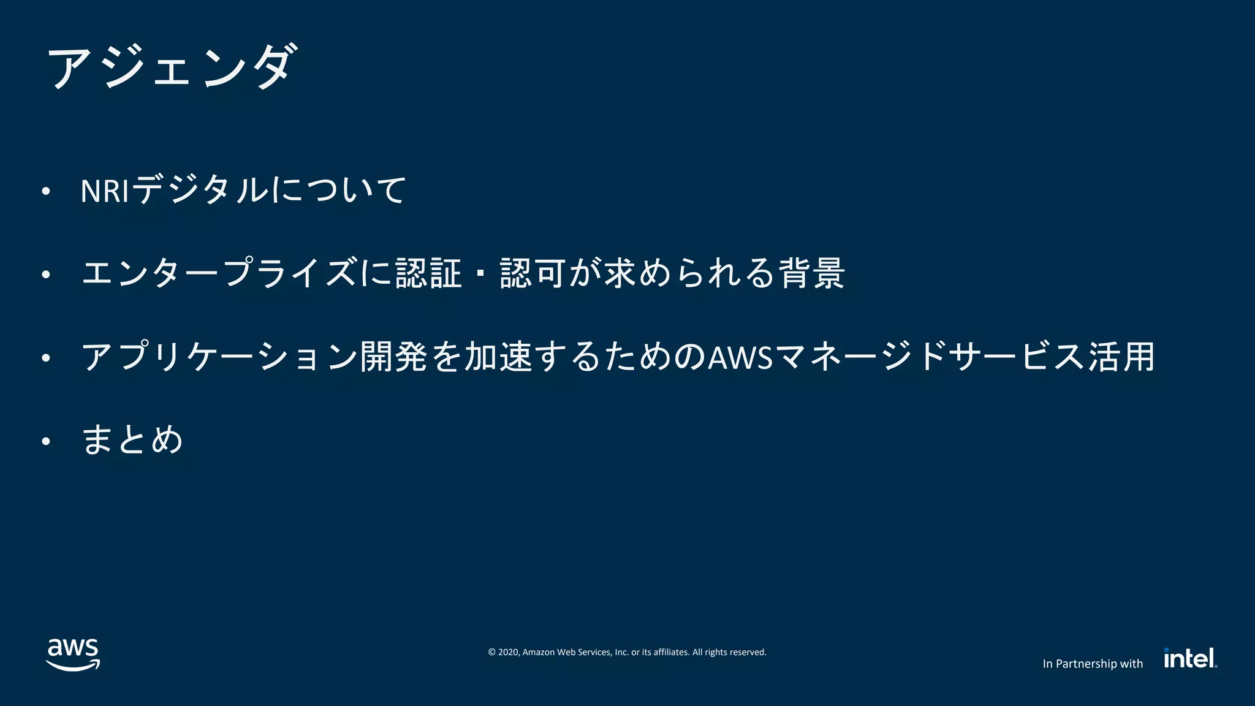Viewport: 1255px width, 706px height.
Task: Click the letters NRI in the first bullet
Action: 104,191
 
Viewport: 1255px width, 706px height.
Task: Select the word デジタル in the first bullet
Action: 200,190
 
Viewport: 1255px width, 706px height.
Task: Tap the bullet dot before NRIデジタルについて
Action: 45,192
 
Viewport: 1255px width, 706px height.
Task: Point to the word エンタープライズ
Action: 218,273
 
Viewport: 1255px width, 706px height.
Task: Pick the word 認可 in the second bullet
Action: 532,273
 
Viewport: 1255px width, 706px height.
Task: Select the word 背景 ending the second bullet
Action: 812,273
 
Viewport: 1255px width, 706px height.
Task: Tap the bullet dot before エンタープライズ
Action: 45,275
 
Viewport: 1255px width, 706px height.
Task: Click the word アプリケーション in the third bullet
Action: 219,357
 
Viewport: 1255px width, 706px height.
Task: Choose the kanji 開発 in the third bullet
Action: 393,357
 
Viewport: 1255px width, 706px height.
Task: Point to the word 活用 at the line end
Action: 1121,357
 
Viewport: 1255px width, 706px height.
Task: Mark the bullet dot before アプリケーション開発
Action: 45,358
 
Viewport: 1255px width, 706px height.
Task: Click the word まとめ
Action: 132,439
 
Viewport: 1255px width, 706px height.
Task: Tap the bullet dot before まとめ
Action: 45,441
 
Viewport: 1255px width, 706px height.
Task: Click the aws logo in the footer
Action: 73,655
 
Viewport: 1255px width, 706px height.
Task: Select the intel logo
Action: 1190,658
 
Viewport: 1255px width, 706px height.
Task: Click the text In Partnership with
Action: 1093,664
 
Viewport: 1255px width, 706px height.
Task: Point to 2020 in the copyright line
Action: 508,652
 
